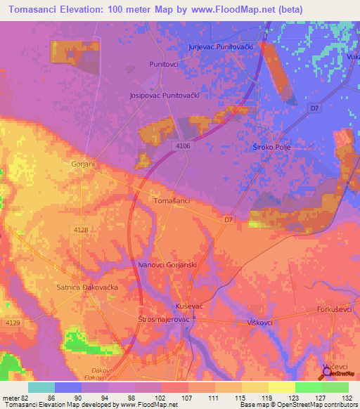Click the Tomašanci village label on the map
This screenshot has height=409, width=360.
point(172,201)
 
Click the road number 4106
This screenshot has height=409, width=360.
point(183,146)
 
